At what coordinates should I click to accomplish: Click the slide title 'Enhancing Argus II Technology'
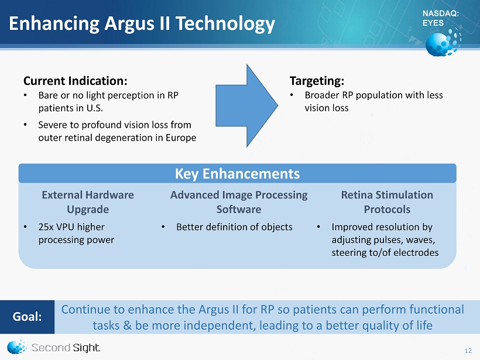pos(142,24)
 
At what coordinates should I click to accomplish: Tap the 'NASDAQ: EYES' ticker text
pos(441,18)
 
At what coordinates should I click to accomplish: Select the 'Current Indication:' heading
pos(76,81)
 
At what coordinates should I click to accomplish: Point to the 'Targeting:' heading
pos(317,81)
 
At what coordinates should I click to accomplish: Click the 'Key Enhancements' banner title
pos(237,174)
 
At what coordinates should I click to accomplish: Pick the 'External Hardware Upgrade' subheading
pos(88,202)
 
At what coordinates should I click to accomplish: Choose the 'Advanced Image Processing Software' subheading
pos(239,202)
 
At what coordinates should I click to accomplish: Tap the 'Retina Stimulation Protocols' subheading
pos(387,202)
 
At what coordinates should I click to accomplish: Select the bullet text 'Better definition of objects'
pos(234,227)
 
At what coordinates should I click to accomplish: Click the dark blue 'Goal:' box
pos(28,317)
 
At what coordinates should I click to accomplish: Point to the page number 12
pos(468,351)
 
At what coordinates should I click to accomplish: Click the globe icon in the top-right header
pos(443,42)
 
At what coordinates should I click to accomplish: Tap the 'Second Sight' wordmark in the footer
pos(66,348)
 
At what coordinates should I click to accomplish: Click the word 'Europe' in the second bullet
pos(181,138)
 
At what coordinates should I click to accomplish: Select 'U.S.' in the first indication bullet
pos(95,108)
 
